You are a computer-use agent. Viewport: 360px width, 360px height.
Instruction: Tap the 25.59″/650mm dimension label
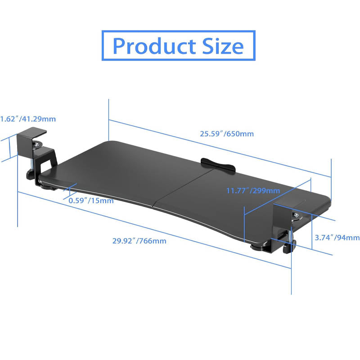[x=227, y=134]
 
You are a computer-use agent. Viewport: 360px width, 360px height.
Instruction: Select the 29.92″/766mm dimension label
[x=139, y=241]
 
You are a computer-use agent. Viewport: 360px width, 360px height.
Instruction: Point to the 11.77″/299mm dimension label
[x=253, y=190]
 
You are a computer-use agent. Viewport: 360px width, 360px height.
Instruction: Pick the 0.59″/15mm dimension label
[x=91, y=200]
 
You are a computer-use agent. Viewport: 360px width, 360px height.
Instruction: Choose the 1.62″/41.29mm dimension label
[x=28, y=119]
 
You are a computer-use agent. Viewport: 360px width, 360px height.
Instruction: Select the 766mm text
[x=153, y=241]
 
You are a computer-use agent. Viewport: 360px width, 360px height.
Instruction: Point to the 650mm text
[x=240, y=134]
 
